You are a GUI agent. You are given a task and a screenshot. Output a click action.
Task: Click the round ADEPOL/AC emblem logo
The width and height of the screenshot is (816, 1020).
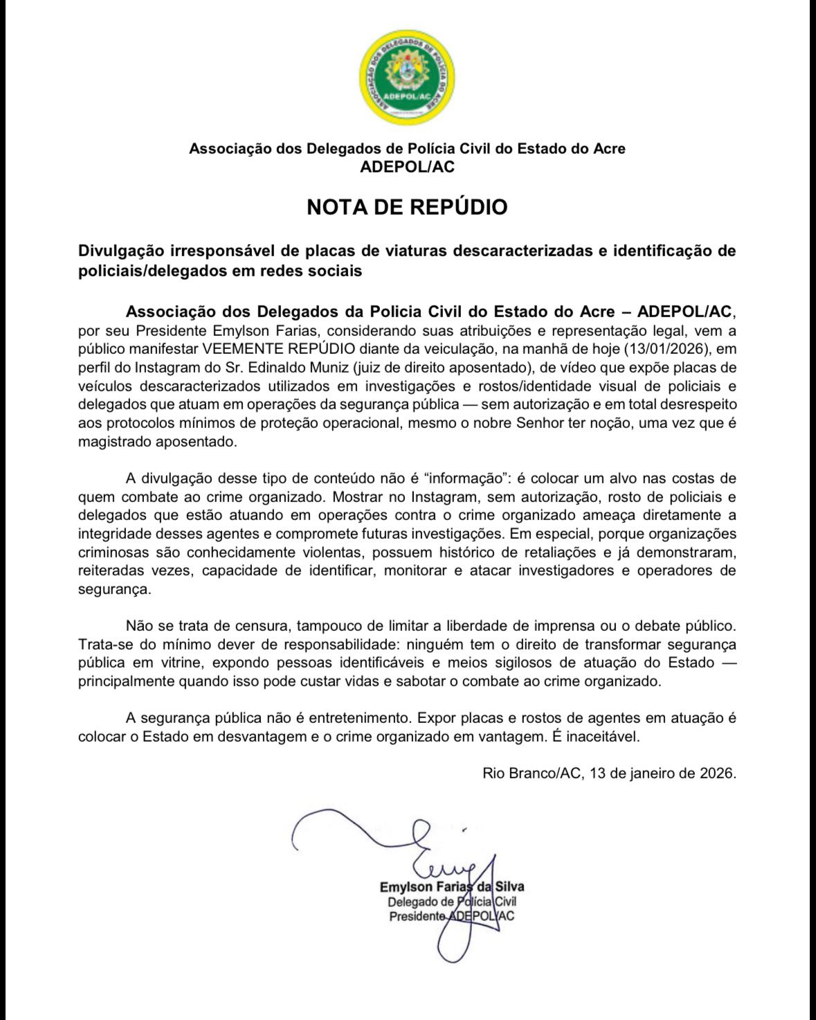(x=407, y=78)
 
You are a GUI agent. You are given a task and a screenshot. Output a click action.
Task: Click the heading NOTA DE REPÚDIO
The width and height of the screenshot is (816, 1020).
(x=407, y=207)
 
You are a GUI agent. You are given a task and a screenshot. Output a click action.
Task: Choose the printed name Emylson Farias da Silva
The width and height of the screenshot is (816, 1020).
(x=452, y=887)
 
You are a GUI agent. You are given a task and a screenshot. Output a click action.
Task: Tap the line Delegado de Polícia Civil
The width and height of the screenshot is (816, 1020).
(x=452, y=902)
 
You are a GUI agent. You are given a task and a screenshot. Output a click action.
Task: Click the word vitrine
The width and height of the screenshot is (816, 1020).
(x=183, y=662)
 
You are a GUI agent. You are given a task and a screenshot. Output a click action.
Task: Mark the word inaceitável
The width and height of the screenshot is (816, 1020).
(x=604, y=736)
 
